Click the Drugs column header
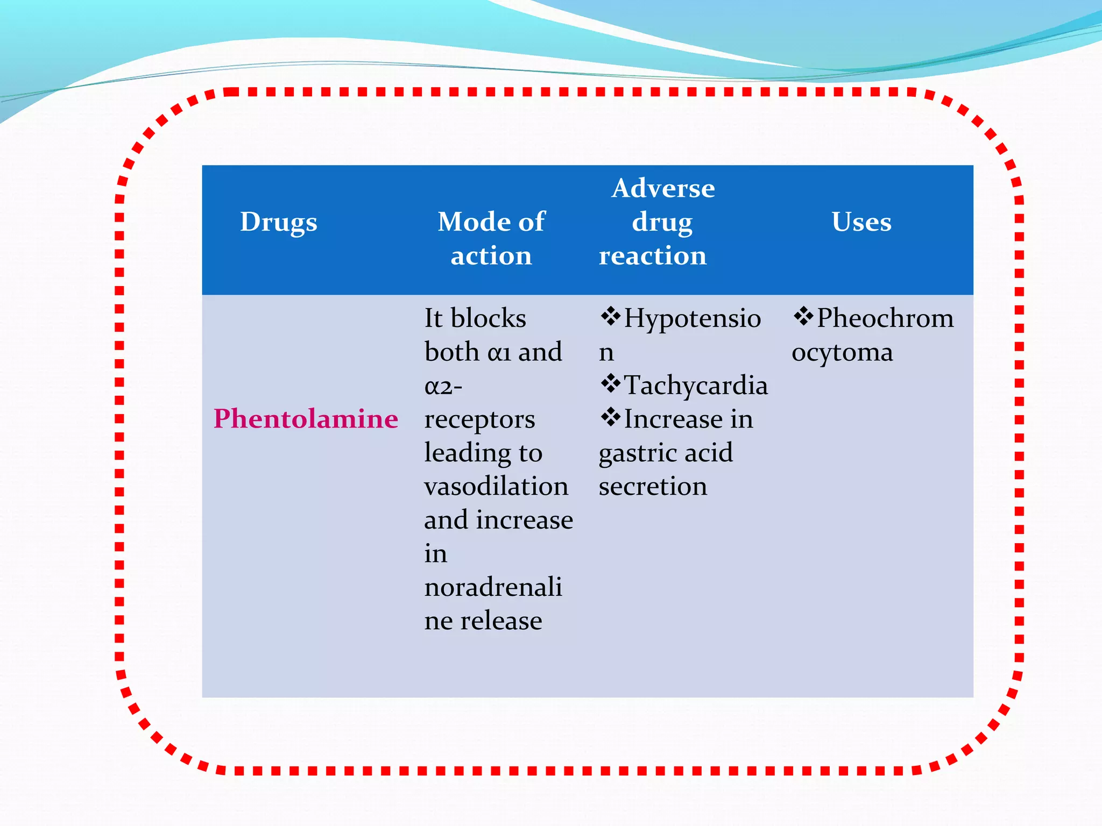[x=278, y=222]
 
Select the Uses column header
[x=861, y=222]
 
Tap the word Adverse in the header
[x=663, y=188]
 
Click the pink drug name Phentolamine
[x=306, y=418]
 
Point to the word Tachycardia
[x=696, y=386]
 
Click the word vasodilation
[x=496, y=486]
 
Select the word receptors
[x=479, y=419]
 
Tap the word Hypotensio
[x=693, y=318]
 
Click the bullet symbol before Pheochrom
[x=803, y=316]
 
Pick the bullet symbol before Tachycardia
[x=610, y=383]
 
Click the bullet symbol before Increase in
[x=610, y=417]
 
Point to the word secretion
[x=653, y=486]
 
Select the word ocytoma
[x=842, y=352]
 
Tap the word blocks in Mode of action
[x=488, y=318]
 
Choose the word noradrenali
[x=493, y=587]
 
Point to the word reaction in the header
[x=652, y=255]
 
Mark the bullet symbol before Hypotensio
[x=610, y=316]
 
